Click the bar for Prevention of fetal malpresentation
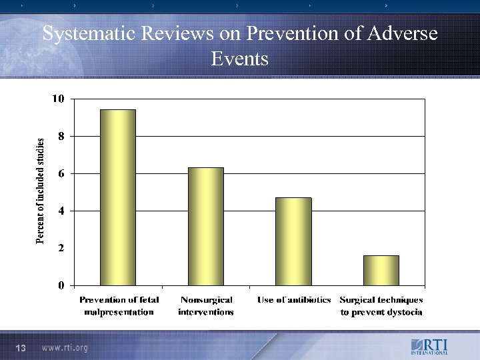pyautogui.click(x=117, y=197)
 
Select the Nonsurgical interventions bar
pyautogui.click(x=205, y=227)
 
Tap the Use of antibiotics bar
pyautogui.click(x=293, y=241)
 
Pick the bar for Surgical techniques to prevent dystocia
pyautogui.click(x=381, y=270)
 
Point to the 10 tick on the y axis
pyautogui.click(x=58, y=99)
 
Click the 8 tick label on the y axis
pyautogui.click(x=61, y=136)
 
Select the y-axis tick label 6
pyautogui.click(x=61, y=173)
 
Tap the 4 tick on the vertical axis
pyautogui.click(x=61, y=211)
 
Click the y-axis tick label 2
pyautogui.click(x=61, y=248)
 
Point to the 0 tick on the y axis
pyautogui.click(x=61, y=285)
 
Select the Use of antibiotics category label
pyautogui.click(x=294, y=300)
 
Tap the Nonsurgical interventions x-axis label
pyautogui.click(x=206, y=306)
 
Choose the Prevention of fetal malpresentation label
pyautogui.click(x=119, y=306)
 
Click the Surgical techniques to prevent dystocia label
pyautogui.click(x=381, y=306)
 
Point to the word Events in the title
pyautogui.click(x=239, y=59)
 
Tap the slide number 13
pyautogui.click(x=20, y=347)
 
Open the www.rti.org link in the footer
pyautogui.click(x=65, y=347)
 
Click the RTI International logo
pyautogui.click(x=429, y=347)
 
